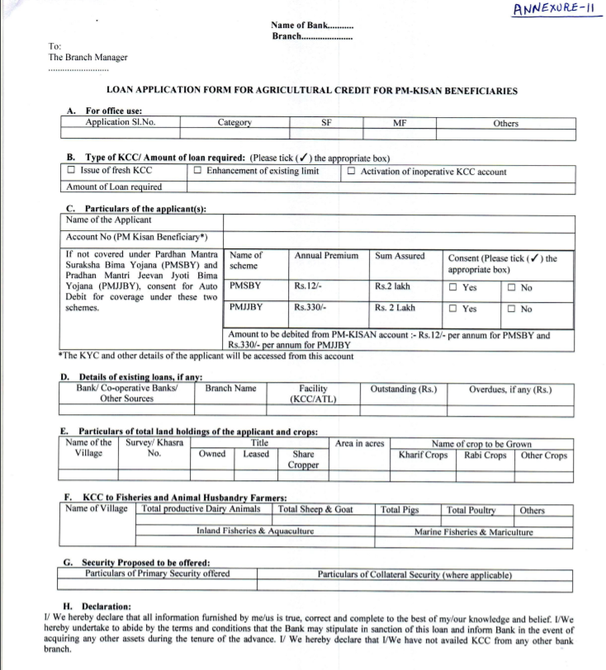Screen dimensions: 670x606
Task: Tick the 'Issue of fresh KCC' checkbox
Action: [x=72, y=172]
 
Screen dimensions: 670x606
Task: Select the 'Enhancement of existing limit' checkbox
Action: [x=198, y=172]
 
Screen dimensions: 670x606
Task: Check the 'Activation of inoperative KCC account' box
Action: [x=352, y=172]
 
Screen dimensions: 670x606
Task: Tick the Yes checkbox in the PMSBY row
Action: [x=454, y=288]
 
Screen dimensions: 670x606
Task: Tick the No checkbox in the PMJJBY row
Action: [x=512, y=309]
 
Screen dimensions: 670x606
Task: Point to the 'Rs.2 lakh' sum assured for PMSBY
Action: [x=392, y=287]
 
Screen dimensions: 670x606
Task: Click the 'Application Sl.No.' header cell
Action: [x=121, y=123]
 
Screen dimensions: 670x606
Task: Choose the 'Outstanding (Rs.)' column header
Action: [x=404, y=389]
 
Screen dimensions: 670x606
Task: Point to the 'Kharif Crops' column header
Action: [x=423, y=455]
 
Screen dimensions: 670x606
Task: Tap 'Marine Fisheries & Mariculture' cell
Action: [x=474, y=532]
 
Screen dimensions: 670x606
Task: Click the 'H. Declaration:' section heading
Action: [x=96, y=606]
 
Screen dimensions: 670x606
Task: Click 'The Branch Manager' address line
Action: [x=88, y=58]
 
